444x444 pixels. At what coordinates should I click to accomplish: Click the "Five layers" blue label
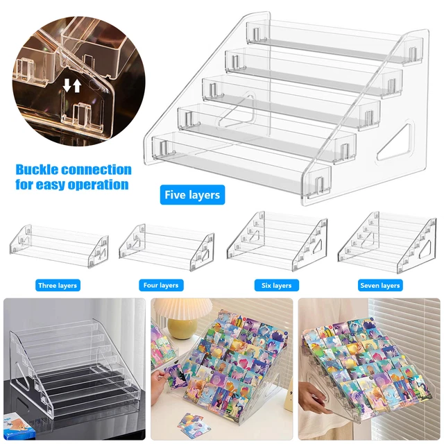tap(192, 195)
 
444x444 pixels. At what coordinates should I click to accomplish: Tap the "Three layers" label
tap(58, 285)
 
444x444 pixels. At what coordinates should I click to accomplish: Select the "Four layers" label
tap(160, 285)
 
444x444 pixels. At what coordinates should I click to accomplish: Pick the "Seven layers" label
tap(380, 285)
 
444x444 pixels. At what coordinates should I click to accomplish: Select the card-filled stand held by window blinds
tap(368, 361)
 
